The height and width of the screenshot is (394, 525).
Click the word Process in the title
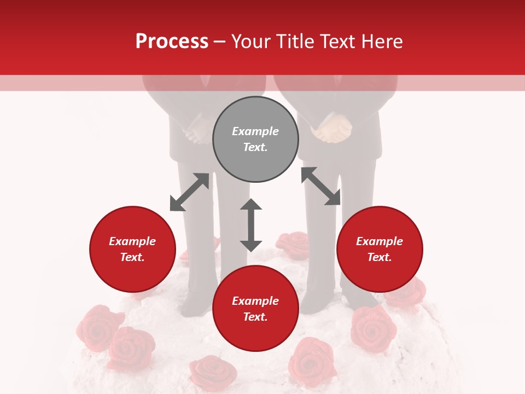coord(172,42)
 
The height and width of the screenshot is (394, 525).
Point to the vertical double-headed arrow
coord(251,225)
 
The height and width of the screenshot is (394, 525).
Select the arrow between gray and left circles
coord(189,192)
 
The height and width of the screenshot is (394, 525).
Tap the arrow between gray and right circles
coord(320,186)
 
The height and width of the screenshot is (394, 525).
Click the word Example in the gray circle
coord(255,131)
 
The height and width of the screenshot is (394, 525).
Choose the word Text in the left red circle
coord(132,257)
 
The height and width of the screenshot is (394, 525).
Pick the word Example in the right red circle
coord(380,241)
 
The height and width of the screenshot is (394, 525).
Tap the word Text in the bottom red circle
coord(255,317)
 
